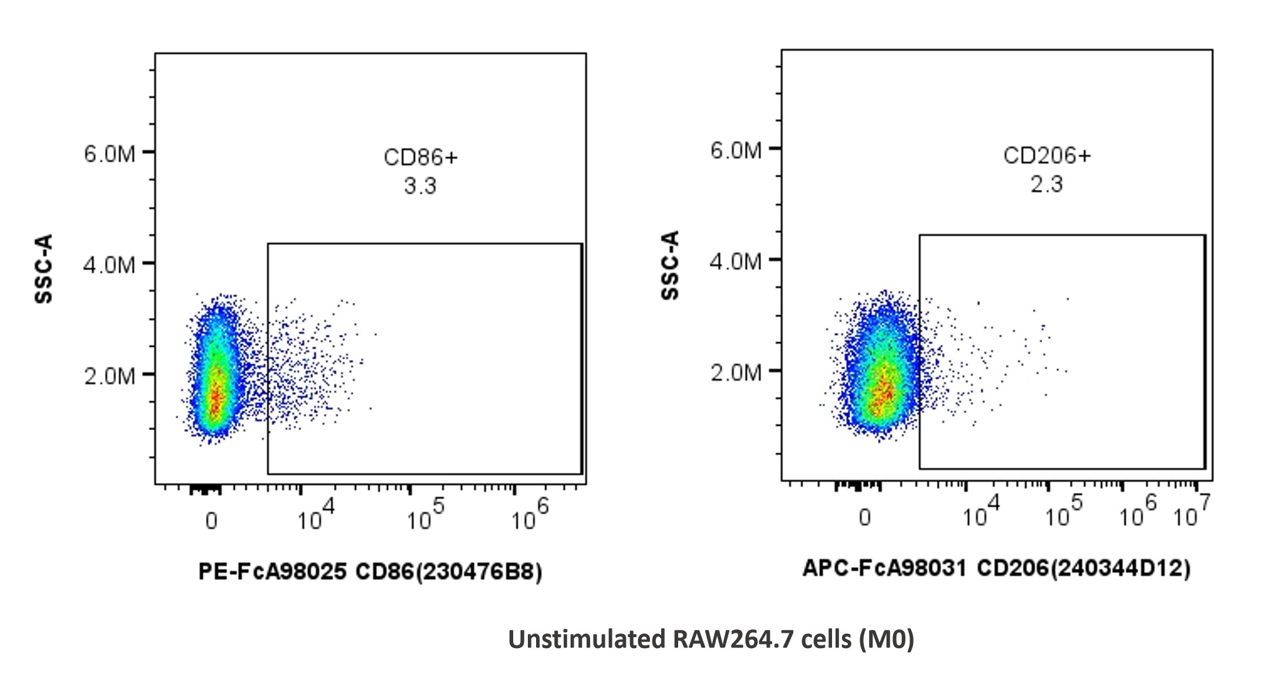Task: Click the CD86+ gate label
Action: (x=420, y=157)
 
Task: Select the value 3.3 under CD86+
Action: (x=420, y=186)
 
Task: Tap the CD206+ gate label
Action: (x=1047, y=156)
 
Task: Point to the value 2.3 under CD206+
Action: (x=1047, y=185)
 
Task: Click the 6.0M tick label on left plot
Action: (x=110, y=154)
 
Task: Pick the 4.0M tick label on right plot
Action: (x=736, y=261)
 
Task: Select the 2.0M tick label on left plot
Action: (x=110, y=376)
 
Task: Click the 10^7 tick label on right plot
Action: (x=1191, y=512)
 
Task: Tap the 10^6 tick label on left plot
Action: (x=529, y=515)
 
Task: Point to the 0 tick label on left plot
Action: (x=211, y=521)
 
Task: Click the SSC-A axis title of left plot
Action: (x=44, y=269)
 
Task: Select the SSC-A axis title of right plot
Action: (x=670, y=265)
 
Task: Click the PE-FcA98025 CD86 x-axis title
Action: (x=370, y=571)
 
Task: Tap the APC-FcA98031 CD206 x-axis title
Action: (x=996, y=568)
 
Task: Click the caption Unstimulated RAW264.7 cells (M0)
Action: (x=710, y=639)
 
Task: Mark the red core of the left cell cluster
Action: (x=215, y=395)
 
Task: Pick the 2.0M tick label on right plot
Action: (x=736, y=373)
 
